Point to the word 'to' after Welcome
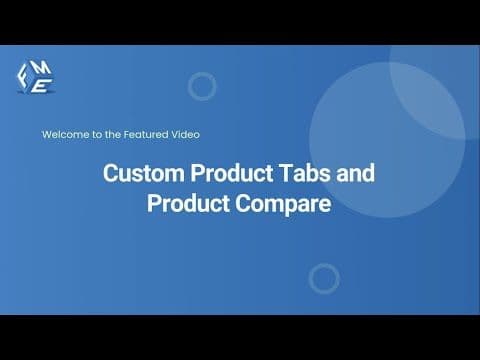tap(93, 134)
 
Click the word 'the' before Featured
tap(111, 134)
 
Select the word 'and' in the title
tap(354, 172)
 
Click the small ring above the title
tap(202, 87)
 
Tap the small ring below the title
tap(324, 278)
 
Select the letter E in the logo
tap(40, 86)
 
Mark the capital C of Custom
tap(111, 172)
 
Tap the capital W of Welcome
tap(46, 134)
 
